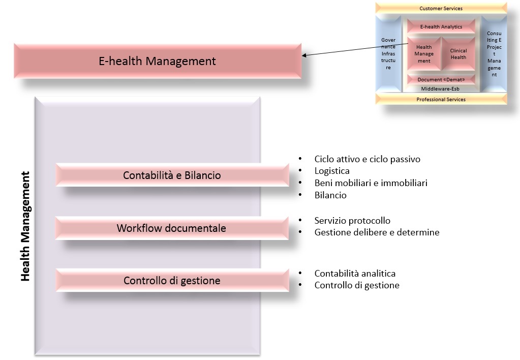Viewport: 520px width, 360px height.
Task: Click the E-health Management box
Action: (157, 61)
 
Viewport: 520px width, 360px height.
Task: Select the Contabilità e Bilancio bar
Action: (172, 175)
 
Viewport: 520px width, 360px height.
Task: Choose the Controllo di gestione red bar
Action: (172, 281)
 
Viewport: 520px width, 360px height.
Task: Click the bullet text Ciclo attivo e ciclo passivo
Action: (367, 159)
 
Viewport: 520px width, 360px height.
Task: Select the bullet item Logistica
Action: (332, 171)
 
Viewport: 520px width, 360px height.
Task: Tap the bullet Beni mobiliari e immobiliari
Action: (371, 183)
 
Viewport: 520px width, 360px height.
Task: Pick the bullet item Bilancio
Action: (330, 195)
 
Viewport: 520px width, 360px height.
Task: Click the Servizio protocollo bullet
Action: (352, 221)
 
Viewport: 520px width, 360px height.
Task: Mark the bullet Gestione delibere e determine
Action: (377, 232)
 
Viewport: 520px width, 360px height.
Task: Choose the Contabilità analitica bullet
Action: (355, 274)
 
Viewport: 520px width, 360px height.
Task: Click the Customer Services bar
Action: (441, 9)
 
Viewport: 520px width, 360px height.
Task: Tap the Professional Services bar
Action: (441, 100)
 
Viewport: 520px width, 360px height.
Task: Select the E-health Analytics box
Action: (441, 26)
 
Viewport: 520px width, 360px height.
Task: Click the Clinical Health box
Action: (458, 54)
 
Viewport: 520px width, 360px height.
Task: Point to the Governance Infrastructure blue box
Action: (388, 54)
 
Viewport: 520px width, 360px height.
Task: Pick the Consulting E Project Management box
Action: (494, 54)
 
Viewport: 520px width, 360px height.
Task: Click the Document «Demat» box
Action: (441, 80)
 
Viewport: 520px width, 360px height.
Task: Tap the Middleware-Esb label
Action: (441, 88)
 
